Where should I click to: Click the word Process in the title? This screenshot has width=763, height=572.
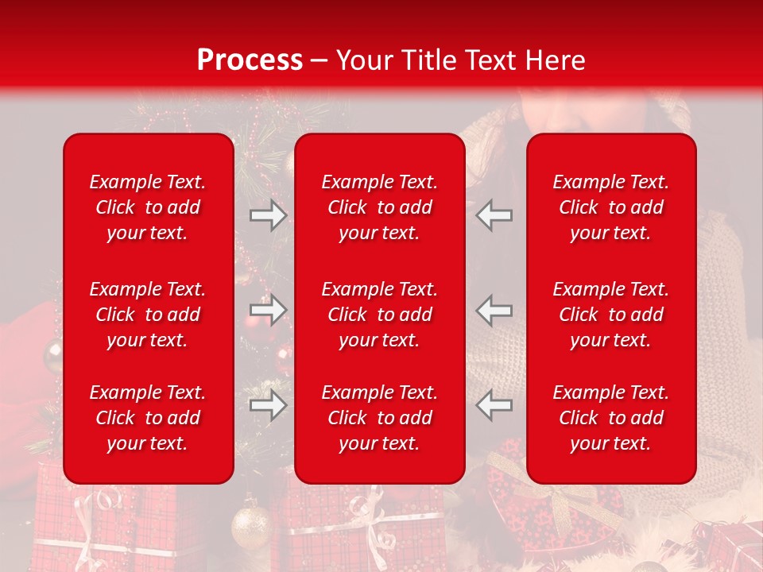click(x=250, y=60)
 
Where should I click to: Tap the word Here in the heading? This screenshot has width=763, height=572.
click(x=553, y=60)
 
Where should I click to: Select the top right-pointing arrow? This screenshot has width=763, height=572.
click(x=268, y=214)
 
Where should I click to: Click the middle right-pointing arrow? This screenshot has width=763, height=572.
click(x=268, y=310)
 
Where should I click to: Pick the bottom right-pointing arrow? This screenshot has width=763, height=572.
click(x=268, y=405)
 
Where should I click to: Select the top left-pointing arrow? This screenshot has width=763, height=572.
click(x=494, y=214)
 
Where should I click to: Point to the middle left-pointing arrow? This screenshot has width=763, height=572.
click(x=494, y=310)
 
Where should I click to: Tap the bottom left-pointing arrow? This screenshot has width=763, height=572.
click(x=494, y=405)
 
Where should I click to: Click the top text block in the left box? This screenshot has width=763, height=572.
click(x=148, y=207)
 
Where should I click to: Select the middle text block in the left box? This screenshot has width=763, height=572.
click(x=148, y=315)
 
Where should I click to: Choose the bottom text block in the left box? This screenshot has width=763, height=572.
click(x=148, y=418)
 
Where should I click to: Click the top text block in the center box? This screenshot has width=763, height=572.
click(x=380, y=207)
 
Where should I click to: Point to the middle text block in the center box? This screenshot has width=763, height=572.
click(x=380, y=315)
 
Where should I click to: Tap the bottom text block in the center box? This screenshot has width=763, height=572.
click(x=380, y=418)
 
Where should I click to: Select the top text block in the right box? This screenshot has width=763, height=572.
click(x=611, y=207)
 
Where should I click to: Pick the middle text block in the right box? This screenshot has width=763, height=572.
click(x=611, y=315)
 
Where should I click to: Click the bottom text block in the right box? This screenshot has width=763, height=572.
click(x=611, y=418)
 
